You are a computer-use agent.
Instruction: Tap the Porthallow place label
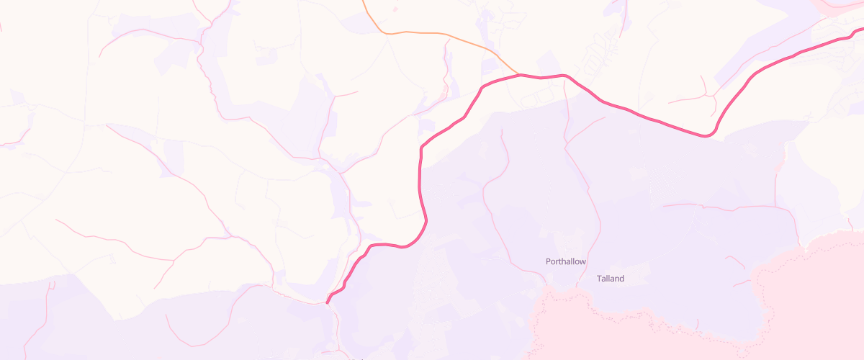click(x=566, y=261)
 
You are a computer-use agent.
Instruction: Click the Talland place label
click(x=611, y=279)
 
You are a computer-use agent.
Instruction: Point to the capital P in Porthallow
click(x=549, y=261)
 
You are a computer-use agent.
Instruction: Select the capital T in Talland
click(x=599, y=279)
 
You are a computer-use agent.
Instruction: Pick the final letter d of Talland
click(x=621, y=279)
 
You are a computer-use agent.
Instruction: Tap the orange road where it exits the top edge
click(x=361, y=1)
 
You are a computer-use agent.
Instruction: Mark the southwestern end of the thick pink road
click(x=328, y=302)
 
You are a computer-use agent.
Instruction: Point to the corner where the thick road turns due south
click(x=421, y=148)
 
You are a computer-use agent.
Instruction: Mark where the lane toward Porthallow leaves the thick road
click(x=566, y=76)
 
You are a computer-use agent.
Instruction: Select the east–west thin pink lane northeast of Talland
click(x=727, y=207)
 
